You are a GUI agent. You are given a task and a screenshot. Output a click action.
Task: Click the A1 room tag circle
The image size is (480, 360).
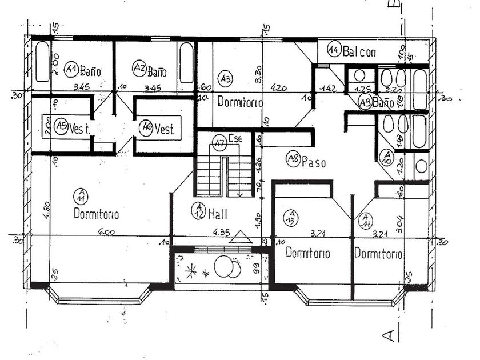(x=71, y=69)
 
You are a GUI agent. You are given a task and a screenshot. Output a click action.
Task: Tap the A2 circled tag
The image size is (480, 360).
(x=139, y=69)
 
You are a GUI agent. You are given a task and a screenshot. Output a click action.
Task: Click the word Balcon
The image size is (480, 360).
(x=359, y=52)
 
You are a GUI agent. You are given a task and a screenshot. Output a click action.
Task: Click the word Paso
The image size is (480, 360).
(x=314, y=162)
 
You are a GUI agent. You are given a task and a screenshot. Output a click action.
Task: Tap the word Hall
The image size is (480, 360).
(x=218, y=214)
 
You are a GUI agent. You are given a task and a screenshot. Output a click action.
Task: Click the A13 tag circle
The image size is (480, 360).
(x=289, y=218)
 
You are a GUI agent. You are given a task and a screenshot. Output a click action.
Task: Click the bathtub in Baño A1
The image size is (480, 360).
(x=42, y=63)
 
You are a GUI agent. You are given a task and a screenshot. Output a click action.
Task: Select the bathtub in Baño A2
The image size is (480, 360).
(x=186, y=63)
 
